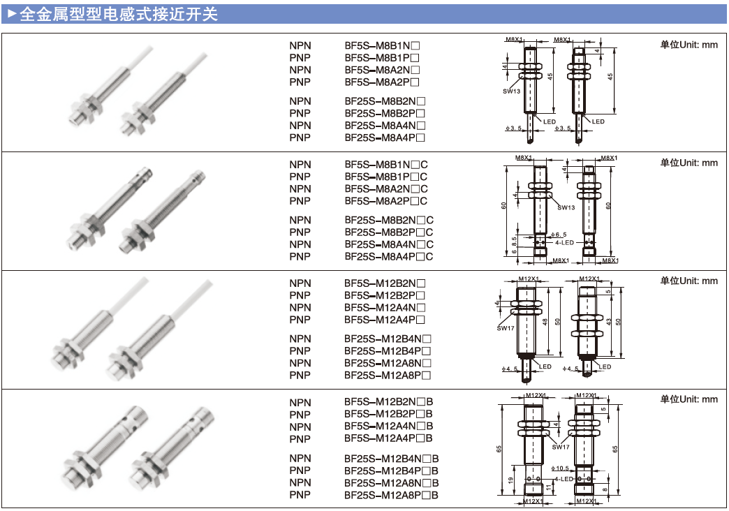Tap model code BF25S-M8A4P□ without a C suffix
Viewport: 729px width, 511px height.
(385, 138)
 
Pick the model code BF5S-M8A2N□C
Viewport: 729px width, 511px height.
(386, 188)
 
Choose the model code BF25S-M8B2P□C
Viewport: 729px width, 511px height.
(389, 232)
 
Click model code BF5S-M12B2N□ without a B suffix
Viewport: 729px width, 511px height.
(385, 283)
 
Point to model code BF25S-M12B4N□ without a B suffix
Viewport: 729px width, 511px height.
(388, 338)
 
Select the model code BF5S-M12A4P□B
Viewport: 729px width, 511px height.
(389, 438)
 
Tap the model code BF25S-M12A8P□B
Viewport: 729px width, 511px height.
(392, 495)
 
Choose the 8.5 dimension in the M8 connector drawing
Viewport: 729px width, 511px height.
(513, 245)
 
